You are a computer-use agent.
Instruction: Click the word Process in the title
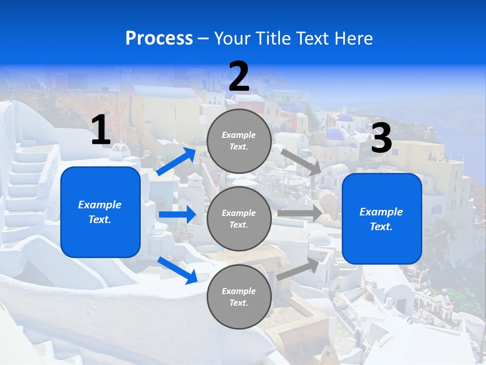[x=159, y=38]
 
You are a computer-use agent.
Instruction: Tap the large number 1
[x=101, y=130]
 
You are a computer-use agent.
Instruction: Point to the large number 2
[x=239, y=77]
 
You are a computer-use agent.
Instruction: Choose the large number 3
[x=381, y=138]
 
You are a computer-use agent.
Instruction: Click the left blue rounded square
[x=100, y=212]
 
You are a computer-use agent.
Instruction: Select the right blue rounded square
[x=382, y=218]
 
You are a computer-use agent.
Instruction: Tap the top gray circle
[x=239, y=141]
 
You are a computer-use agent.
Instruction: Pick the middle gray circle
[x=239, y=218]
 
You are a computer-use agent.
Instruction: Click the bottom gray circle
[x=239, y=297]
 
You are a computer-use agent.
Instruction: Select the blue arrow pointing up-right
[x=177, y=162]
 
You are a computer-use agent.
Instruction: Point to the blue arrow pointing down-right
[x=177, y=270]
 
